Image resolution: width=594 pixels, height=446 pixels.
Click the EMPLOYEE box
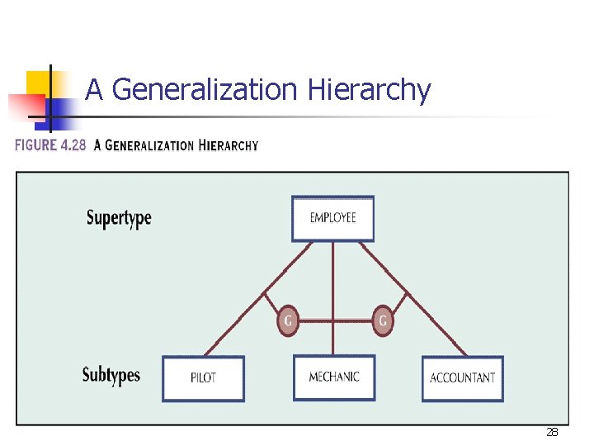coord(332,218)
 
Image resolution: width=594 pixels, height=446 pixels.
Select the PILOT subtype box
coord(203,378)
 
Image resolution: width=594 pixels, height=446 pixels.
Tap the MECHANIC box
coord(334,377)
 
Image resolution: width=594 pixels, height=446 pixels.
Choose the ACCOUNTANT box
coord(462,378)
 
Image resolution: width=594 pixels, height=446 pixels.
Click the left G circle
coord(287,320)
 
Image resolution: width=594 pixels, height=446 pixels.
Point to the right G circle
coord(381,320)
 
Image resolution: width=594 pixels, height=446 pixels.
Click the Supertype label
coord(119,218)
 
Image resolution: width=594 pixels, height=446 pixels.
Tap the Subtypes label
coord(111,375)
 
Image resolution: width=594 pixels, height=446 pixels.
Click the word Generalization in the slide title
coord(205,89)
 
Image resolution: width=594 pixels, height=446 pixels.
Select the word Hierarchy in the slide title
coord(369,89)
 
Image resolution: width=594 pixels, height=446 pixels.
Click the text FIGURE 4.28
coord(50,145)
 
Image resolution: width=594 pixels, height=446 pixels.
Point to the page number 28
coord(552,432)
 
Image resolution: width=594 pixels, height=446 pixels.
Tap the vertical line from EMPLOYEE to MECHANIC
coord(333,281)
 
